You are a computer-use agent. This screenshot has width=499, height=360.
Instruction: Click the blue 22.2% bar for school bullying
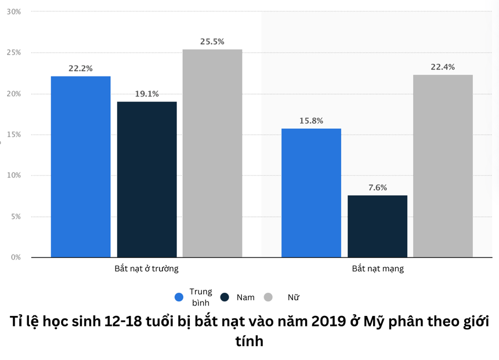pyautogui.click(x=81, y=166)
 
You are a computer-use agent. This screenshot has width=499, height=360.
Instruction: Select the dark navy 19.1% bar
pyautogui.click(x=147, y=179)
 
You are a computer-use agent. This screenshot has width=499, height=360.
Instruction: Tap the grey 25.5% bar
pyautogui.click(x=212, y=153)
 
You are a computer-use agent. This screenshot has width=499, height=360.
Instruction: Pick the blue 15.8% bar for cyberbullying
pyautogui.click(x=311, y=192)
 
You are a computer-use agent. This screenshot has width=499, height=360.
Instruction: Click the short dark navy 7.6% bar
pyautogui.click(x=377, y=226)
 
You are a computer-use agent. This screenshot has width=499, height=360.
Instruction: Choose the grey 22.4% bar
pyautogui.click(x=443, y=166)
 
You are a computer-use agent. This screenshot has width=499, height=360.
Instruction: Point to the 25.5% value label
pyautogui.click(x=212, y=42)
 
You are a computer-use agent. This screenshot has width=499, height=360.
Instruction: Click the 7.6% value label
pyautogui.click(x=377, y=188)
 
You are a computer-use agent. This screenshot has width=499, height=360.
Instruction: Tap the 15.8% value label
pyautogui.click(x=311, y=121)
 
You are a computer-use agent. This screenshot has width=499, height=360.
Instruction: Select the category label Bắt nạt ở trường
pyautogui.click(x=146, y=269)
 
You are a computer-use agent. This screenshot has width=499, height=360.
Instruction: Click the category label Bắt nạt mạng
pyautogui.click(x=378, y=269)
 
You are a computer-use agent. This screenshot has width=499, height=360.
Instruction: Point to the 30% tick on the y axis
pyautogui.click(x=14, y=12)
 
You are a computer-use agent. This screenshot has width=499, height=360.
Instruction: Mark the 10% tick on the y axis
pyautogui.click(x=14, y=176)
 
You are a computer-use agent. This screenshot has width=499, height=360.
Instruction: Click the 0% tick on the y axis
pyautogui.click(x=14, y=257)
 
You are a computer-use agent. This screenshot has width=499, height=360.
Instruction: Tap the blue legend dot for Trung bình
pyautogui.click(x=179, y=297)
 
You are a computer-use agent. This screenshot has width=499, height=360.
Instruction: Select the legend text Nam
pyautogui.click(x=245, y=297)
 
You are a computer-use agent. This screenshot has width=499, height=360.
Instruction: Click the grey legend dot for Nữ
pyautogui.click(x=268, y=297)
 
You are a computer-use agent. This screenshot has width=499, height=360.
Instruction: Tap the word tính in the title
pyautogui.click(x=249, y=341)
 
